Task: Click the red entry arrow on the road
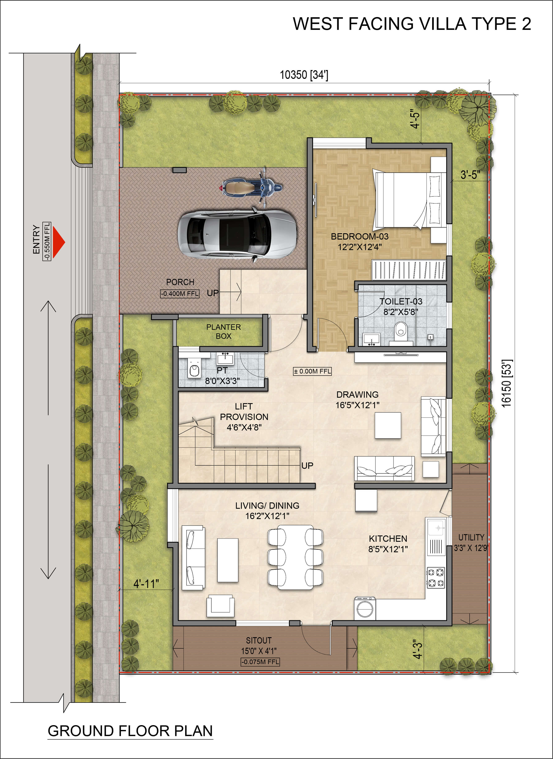(x=58, y=242)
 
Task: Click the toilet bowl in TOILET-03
(x=401, y=330)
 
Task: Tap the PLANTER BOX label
(x=223, y=331)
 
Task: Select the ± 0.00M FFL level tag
(x=312, y=371)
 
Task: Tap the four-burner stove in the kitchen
(x=436, y=577)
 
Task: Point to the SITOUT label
(x=259, y=640)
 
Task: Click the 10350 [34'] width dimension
(x=304, y=75)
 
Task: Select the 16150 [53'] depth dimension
(x=507, y=383)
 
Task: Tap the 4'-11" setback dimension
(x=146, y=584)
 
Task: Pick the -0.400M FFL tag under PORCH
(x=180, y=294)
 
